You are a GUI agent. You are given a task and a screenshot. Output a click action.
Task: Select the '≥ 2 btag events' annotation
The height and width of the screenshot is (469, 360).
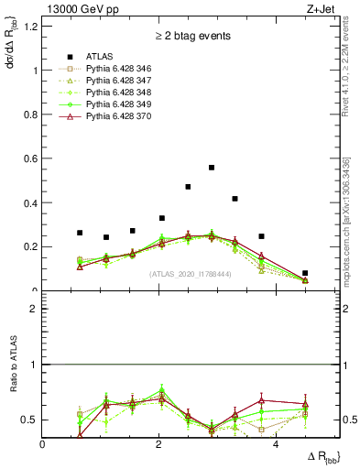(x=192, y=36)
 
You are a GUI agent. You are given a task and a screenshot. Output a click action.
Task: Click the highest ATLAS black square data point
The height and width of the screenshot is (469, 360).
(x=212, y=168)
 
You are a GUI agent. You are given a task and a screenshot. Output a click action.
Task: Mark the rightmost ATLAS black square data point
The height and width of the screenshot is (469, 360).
(x=305, y=273)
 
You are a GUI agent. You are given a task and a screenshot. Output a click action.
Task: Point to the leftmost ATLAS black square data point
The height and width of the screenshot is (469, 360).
(x=80, y=233)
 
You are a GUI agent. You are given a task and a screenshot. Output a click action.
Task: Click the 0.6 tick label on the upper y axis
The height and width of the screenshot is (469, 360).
(x=30, y=158)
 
